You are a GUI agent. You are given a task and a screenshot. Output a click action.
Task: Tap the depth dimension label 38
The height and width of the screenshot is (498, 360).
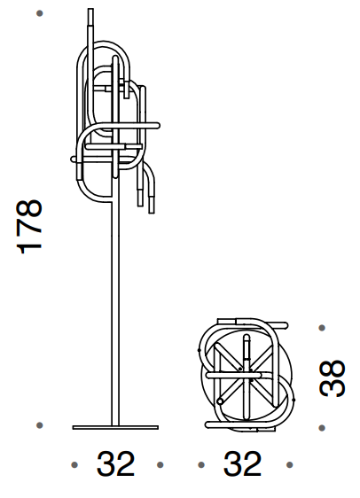coord(333,377)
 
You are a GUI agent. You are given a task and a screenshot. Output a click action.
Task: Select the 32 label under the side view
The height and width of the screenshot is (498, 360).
coord(116,463)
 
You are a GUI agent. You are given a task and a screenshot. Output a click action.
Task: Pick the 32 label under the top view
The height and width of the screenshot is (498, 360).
coord(243,463)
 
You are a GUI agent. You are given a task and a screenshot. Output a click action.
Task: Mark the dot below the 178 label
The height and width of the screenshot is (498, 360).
coord(40,426)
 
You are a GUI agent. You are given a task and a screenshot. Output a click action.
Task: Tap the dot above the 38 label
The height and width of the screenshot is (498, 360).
coord(322,328)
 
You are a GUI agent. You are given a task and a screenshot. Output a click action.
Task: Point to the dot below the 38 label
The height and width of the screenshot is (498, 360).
coord(322,425)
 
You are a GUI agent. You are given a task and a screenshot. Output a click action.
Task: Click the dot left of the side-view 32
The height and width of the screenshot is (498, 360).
coord(74,463)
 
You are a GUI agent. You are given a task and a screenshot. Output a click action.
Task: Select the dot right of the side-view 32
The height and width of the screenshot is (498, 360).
coord(160,463)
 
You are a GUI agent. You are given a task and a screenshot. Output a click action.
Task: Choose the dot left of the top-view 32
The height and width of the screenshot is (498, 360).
coord(201,463)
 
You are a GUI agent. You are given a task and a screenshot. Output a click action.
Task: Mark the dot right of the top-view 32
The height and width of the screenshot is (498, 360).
coord(287,463)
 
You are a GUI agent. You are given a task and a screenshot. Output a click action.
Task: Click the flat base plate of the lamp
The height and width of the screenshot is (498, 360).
coord(115,428)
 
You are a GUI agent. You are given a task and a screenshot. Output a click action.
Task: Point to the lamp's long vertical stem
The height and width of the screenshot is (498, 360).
coord(116,310)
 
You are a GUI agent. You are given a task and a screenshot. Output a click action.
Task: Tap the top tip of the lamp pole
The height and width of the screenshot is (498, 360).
coord(90,12)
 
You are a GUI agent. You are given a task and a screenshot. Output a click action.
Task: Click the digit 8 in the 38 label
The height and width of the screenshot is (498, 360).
coord(333,367)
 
